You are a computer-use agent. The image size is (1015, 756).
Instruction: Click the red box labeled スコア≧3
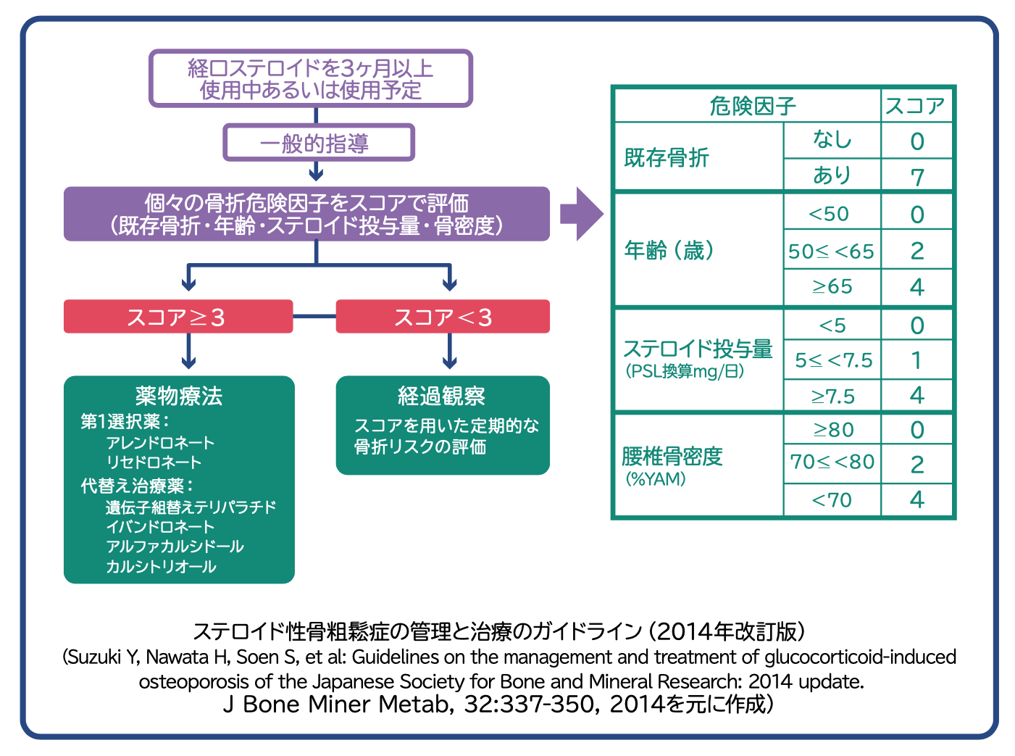pos(178,317)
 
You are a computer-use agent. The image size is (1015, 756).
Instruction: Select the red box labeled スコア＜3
pos(443,317)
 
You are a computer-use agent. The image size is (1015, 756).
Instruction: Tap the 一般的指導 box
pos(318,143)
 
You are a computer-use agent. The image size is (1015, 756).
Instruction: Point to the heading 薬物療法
pos(179,396)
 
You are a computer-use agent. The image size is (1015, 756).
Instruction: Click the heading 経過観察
pos(441,396)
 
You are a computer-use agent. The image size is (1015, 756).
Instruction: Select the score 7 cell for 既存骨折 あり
pos(916,176)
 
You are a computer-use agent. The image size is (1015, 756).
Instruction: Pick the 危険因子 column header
pos(752,107)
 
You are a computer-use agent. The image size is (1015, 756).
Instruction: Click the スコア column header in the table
pos(916,107)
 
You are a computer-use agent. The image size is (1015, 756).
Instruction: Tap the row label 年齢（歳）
pos(669,251)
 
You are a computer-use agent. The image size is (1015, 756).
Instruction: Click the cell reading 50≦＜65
pos(832,252)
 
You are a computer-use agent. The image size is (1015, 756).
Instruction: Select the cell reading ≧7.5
pos(832,396)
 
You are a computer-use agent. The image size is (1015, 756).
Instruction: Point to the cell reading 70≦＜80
pos(832,462)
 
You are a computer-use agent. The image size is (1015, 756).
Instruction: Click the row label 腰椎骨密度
pos(672,457)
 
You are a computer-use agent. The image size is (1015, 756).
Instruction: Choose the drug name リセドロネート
pos(154,462)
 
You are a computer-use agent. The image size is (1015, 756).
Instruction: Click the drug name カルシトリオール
pos(161,566)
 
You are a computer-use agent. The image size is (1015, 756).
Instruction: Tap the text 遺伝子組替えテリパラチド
pos(191,507)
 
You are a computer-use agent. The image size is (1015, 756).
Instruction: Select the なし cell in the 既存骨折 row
pos(832,140)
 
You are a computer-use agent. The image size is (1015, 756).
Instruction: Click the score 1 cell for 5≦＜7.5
pos(916,360)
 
